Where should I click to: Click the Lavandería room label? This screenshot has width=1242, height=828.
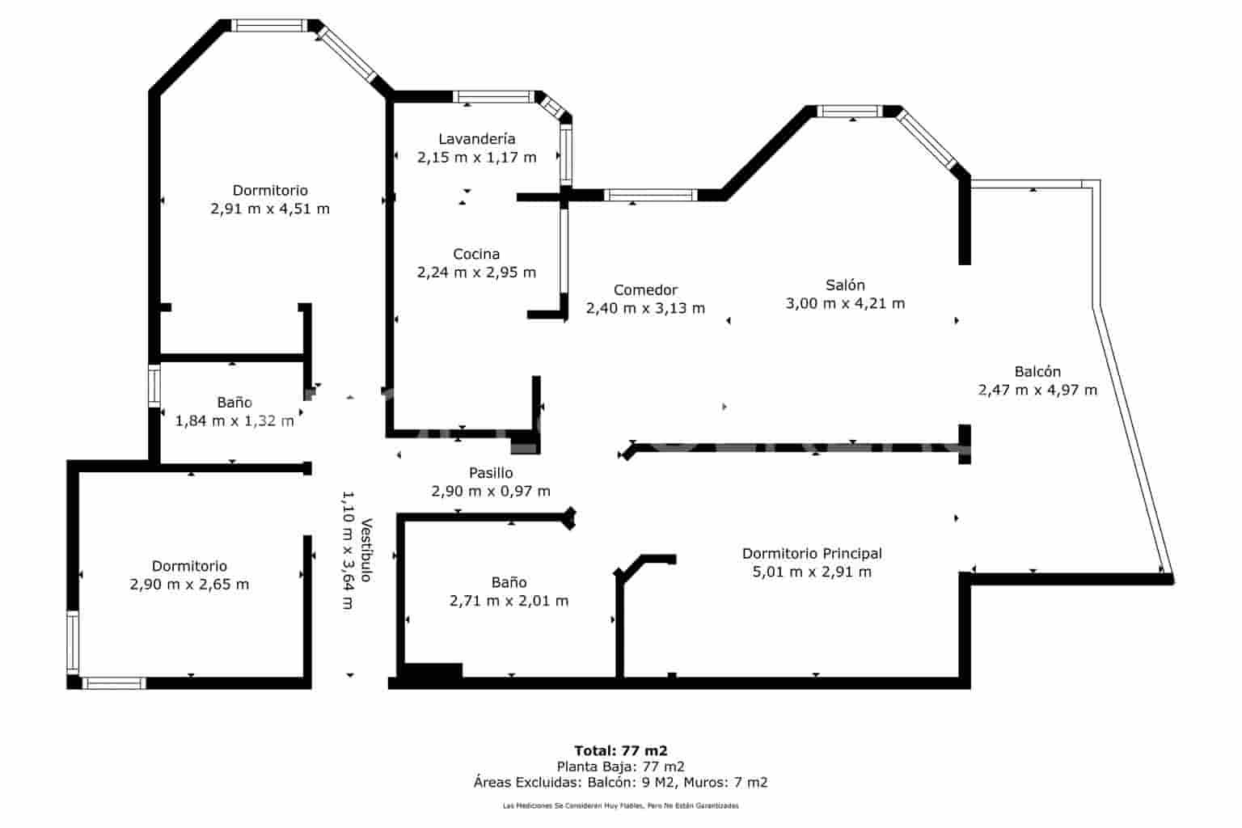pyautogui.click(x=477, y=138)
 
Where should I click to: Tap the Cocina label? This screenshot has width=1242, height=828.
pyautogui.click(x=476, y=254)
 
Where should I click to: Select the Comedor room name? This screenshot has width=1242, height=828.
pyautogui.click(x=645, y=290)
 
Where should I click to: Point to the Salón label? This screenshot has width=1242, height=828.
pyautogui.click(x=845, y=285)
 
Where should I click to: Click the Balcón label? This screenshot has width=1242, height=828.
pyautogui.click(x=1037, y=372)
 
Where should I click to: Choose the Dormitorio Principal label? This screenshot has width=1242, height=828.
pyautogui.click(x=812, y=553)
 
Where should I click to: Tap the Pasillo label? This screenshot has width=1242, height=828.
pyautogui.click(x=491, y=473)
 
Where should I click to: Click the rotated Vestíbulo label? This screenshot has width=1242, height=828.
pyautogui.click(x=366, y=550)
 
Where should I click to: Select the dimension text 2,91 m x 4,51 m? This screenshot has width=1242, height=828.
pyautogui.click(x=270, y=209)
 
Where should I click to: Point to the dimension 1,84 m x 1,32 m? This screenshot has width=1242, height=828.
pyautogui.click(x=234, y=421)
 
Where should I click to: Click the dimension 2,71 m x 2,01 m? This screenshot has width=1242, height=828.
pyautogui.click(x=509, y=601)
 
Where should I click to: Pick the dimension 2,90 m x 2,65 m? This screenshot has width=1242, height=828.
pyautogui.click(x=190, y=585)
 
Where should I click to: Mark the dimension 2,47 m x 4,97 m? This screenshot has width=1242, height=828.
pyautogui.click(x=1037, y=390)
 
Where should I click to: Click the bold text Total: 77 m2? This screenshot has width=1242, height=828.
pyautogui.click(x=620, y=751)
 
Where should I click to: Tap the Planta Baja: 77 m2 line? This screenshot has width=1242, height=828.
pyautogui.click(x=620, y=767)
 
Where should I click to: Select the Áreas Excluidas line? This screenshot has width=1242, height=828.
pyautogui.click(x=620, y=783)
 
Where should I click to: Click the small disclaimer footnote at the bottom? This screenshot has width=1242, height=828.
pyautogui.click(x=620, y=806)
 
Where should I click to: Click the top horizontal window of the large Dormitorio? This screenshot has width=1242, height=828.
pyautogui.click(x=269, y=26)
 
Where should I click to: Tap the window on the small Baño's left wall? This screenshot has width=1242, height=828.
pyautogui.click(x=154, y=386)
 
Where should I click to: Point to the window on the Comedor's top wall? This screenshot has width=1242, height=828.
pyautogui.click(x=650, y=195)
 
